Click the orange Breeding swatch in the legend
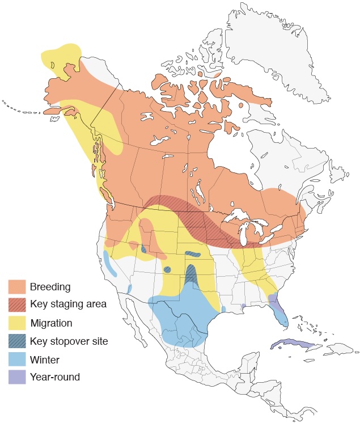17,286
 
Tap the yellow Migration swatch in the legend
17,323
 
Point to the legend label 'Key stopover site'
69,341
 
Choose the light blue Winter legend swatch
17,359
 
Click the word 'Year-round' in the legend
55,377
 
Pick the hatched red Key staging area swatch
17,304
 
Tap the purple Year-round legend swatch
17,377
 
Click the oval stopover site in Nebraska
192,255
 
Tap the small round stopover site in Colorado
167,269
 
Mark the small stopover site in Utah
143,249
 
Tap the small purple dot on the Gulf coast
243,306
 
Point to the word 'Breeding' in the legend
50,286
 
